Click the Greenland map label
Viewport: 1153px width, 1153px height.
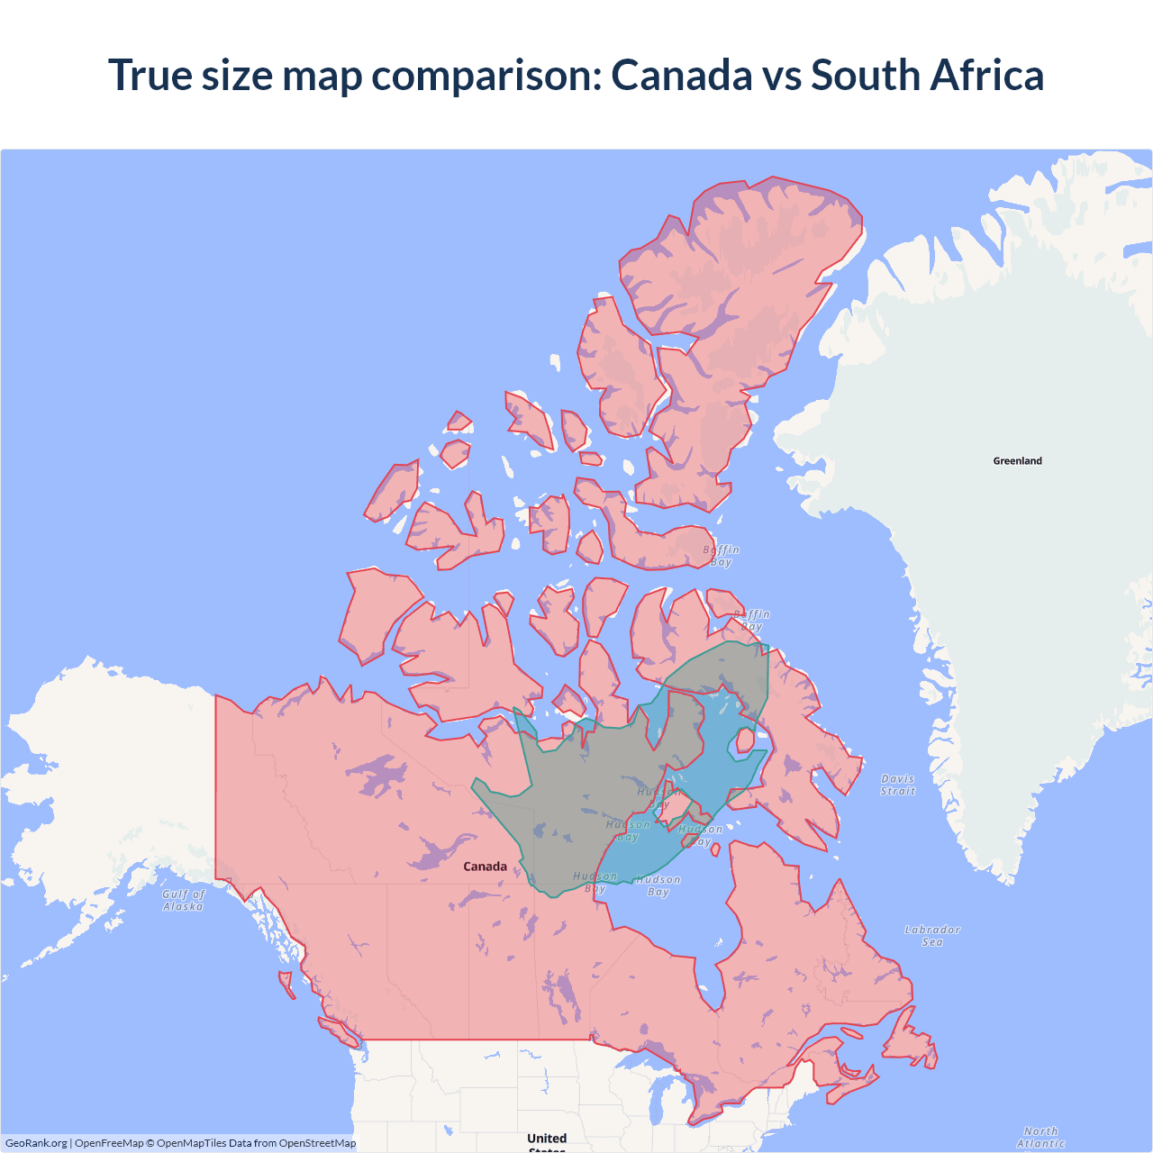coord(1017,461)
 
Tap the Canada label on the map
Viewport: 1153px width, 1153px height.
coord(485,867)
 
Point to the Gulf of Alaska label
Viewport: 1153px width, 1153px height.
coord(184,900)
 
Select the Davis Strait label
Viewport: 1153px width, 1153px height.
coord(898,785)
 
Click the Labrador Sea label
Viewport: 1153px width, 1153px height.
coord(932,936)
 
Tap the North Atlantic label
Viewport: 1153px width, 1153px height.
coord(1040,1137)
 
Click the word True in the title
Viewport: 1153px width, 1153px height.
coord(150,75)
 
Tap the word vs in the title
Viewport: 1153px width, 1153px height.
coord(781,75)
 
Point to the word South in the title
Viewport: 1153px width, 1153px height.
coord(865,75)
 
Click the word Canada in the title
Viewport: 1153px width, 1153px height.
coord(681,75)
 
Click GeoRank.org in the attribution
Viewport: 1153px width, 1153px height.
coord(36,1143)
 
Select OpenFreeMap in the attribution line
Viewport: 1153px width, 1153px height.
coord(109,1143)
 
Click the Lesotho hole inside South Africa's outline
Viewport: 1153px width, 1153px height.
coord(745,740)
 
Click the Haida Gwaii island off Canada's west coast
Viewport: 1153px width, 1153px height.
coord(286,983)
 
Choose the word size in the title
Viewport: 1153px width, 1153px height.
coord(237,75)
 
